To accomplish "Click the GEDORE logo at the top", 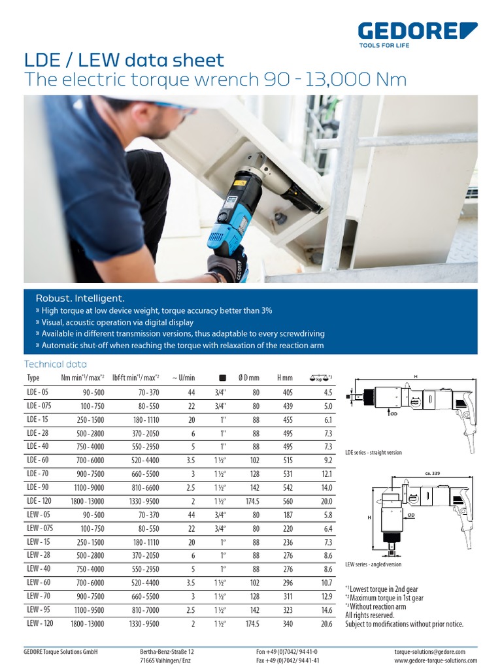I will [418, 32].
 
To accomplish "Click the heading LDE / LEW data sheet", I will [124, 61].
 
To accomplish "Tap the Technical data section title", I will [55, 365].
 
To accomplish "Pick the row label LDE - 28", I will [38, 433].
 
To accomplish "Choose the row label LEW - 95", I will [38, 610].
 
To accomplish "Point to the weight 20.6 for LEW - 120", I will [327, 624].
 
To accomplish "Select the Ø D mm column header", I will [248, 378].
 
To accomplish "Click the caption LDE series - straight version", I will [373, 452].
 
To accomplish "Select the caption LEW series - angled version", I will [373, 564].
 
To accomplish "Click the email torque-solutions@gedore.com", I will [429, 652].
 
